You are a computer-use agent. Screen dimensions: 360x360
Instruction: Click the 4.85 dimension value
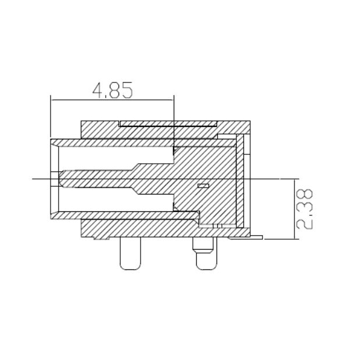click(113, 89)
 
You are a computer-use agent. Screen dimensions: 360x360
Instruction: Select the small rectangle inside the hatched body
click(203, 186)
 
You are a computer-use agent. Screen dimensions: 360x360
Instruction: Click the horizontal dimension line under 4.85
click(113, 100)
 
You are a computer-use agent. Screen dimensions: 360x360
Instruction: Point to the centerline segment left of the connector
click(41, 179)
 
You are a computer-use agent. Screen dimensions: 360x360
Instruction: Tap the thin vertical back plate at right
click(240, 180)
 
